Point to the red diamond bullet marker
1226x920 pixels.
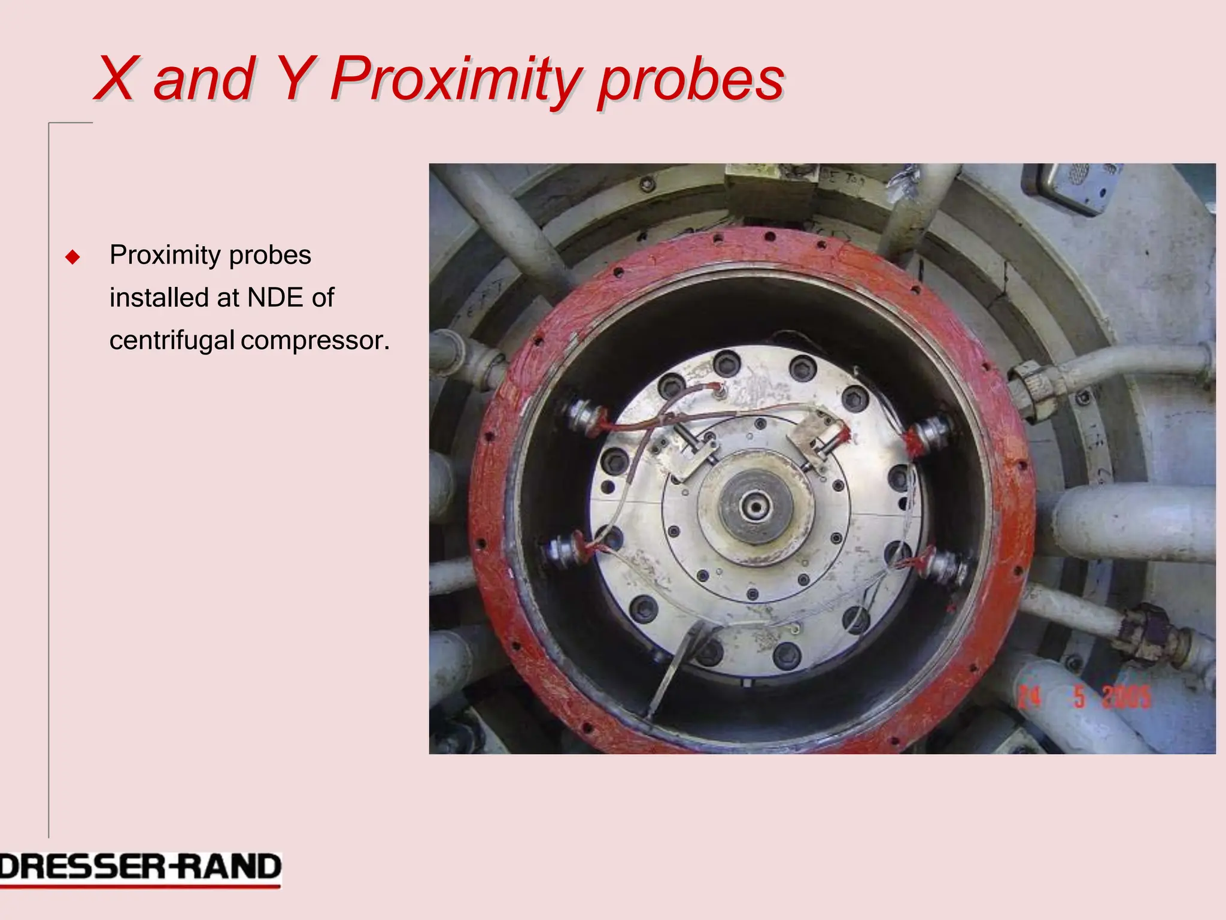pos(73,258)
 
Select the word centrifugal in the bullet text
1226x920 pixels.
pos(172,341)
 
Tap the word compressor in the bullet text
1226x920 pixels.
pos(314,341)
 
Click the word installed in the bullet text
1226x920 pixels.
pos(154,298)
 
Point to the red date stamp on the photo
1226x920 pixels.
pos(1084,697)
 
